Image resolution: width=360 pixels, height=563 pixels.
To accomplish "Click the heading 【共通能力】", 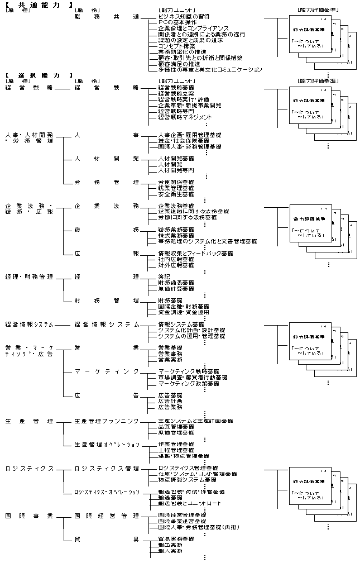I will pyautogui.click(x=39, y=4).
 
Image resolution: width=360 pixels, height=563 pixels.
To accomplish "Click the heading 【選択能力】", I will pyautogui.click(x=39, y=75).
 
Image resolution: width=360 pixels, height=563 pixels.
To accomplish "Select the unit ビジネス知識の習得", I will pyautogui.click(x=183, y=17).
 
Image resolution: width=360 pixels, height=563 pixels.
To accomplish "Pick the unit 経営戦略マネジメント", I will pyautogui.click(x=185, y=117).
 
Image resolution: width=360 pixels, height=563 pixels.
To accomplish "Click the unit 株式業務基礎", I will pyautogui.click(x=176, y=235).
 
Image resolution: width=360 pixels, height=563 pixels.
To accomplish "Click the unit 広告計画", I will pyautogui.click(x=170, y=401).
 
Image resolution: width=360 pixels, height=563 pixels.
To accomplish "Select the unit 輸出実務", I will pyautogui.click(x=170, y=544).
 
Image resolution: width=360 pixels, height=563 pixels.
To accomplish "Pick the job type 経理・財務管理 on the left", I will pyautogui.click(x=29, y=276).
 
